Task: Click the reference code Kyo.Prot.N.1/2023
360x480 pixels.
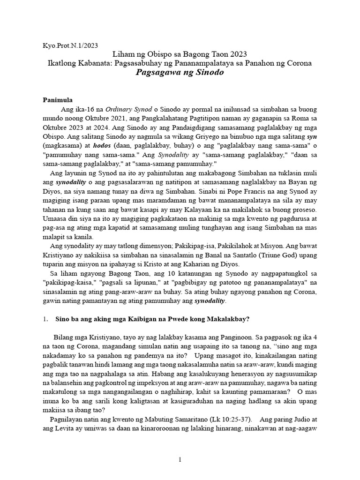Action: point(70,45)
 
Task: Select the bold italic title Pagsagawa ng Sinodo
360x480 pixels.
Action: point(180,73)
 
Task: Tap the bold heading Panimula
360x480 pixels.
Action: point(58,100)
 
